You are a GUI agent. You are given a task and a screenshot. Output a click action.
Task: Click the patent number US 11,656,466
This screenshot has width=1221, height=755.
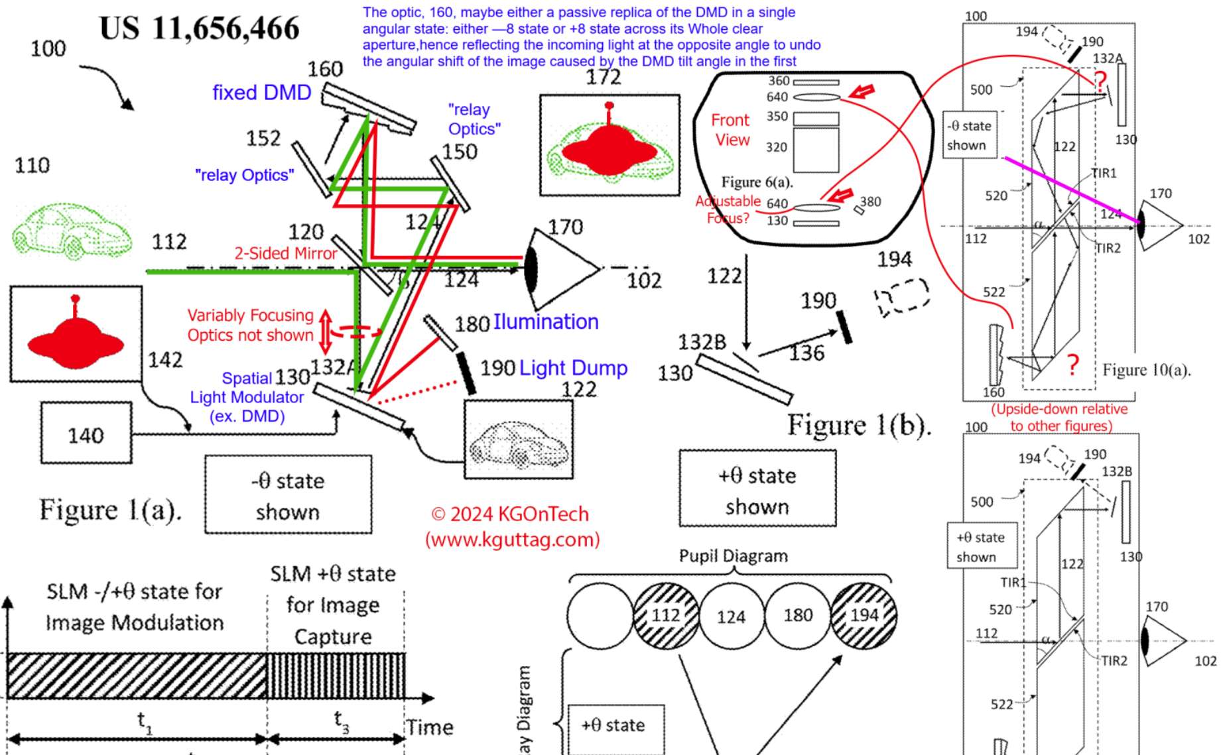tap(199, 29)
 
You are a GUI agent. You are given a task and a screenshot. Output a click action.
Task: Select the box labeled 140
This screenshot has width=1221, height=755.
tap(86, 434)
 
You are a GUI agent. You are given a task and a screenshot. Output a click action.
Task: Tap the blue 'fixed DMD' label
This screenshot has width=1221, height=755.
tap(261, 92)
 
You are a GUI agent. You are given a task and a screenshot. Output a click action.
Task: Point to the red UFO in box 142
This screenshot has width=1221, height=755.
tap(75, 338)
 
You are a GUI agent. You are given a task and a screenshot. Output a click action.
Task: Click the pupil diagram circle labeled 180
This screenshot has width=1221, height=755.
tap(798, 615)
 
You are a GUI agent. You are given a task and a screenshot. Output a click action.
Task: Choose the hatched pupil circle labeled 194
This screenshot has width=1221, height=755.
tap(864, 615)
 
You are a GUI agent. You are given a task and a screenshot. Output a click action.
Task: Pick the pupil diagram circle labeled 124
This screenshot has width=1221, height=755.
tap(732, 616)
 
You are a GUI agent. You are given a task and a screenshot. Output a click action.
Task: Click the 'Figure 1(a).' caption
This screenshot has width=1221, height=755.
tap(109, 510)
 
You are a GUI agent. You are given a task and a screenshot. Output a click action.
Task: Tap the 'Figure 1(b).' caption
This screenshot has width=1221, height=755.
tap(859, 425)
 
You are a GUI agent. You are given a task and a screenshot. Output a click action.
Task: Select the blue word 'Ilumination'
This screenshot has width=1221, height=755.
tap(546, 322)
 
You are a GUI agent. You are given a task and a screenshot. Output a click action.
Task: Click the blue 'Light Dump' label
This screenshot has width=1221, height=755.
tap(573, 368)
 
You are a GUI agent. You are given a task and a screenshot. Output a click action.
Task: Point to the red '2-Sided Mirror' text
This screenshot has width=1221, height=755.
tap(286, 253)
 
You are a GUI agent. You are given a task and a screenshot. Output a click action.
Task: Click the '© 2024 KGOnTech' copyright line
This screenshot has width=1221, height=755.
tap(509, 514)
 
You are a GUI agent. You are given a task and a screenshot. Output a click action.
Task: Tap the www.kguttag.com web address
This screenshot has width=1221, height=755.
tap(512, 540)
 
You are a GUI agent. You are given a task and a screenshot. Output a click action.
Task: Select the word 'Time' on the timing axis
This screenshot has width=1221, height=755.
tap(430, 727)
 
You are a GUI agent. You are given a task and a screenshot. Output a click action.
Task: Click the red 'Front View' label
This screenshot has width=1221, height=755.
tap(731, 130)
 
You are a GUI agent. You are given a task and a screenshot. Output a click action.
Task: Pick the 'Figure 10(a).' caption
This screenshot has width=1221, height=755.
tap(1146, 370)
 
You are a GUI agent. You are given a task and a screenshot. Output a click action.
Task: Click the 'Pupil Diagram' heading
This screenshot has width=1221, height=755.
tap(733, 555)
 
